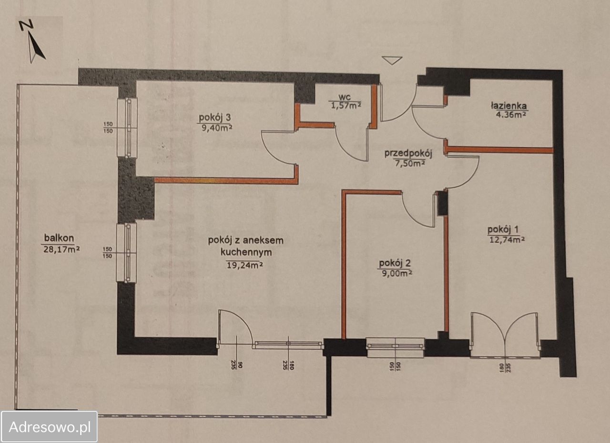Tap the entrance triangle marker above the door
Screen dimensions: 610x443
pos(392,60)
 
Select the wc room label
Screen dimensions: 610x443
pos(345,97)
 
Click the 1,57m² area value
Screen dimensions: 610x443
pos(346,105)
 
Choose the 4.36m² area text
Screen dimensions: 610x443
pos(510,115)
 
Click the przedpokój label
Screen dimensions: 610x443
pos(408,154)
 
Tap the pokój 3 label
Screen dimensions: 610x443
pos(215,118)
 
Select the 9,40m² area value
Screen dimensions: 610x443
pos(217,128)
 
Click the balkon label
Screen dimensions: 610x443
pos(59,238)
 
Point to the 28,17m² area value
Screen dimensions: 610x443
pos(61,249)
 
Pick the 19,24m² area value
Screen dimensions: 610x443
pos(245,265)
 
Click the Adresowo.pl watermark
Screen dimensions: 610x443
pos(50,427)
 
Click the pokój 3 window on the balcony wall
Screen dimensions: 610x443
pos(127,127)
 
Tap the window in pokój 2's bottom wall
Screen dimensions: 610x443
pos(395,347)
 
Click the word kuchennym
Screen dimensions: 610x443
pos(246,253)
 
